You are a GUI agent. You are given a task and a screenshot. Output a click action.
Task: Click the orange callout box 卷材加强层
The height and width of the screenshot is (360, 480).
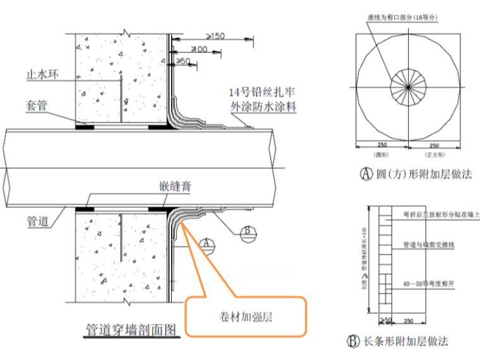[246, 318]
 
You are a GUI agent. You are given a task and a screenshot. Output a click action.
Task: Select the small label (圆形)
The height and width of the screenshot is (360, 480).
[381, 153]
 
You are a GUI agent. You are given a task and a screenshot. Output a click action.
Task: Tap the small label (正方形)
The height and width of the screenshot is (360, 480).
[435, 153]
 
